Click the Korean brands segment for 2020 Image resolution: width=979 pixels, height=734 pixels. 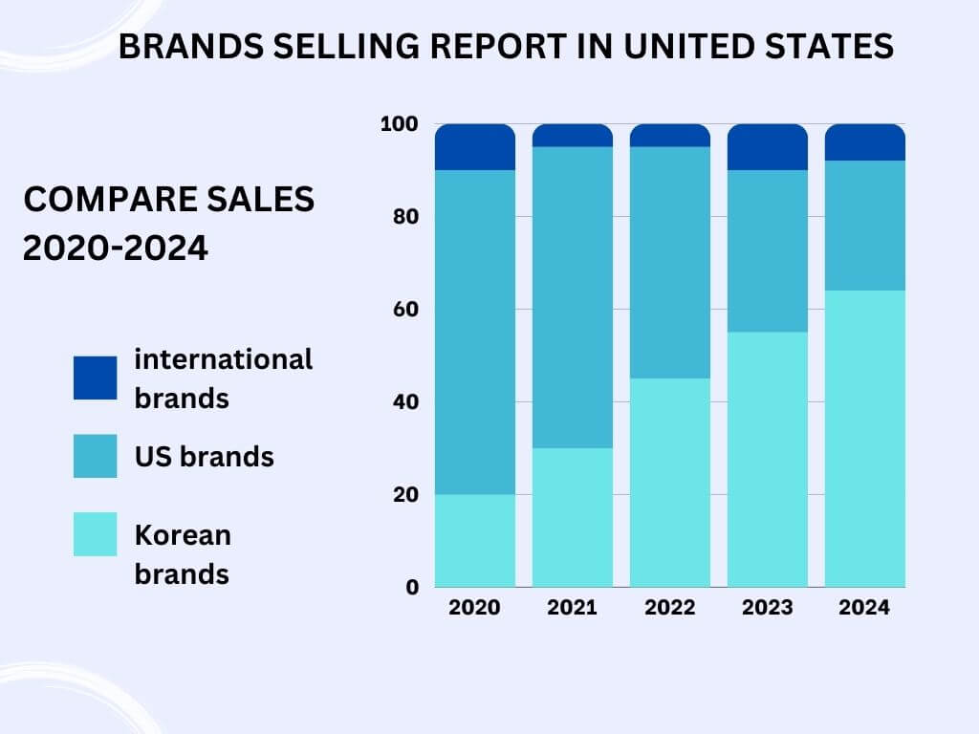(475, 540)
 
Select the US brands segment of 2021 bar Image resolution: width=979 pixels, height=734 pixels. (573, 297)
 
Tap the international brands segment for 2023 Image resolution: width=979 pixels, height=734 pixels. (768, 147)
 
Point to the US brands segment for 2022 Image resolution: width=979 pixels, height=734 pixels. (670, 263)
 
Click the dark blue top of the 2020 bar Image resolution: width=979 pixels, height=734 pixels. (475, 147)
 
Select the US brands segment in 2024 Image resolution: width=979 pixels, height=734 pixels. (865, 226)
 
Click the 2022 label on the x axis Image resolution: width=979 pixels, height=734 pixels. (670, 608)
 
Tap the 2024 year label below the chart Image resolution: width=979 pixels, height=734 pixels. (865, 608)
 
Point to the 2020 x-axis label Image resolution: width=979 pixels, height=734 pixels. (475, 608)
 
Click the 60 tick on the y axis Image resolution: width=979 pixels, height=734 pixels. (405, 309)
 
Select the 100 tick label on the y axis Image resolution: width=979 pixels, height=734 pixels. (400, 124)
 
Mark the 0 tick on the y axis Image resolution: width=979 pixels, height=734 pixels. (412, 587)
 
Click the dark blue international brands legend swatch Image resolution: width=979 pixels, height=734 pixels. (96, 378)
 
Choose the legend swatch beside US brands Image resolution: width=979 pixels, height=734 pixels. (96, 456)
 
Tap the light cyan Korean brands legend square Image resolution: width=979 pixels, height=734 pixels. (96, 534)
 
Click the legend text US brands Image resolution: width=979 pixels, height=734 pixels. (204, 457)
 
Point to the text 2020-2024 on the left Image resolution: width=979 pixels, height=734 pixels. (115, 248)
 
